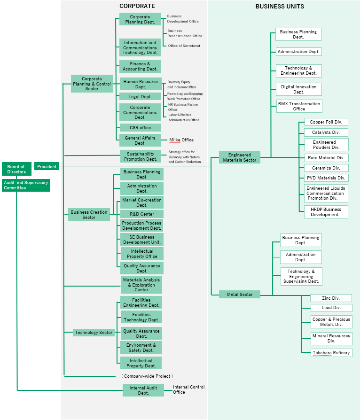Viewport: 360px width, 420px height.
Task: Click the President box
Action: click(x=47, y=166)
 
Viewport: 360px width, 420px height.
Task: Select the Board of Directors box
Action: click(x=16, y=169)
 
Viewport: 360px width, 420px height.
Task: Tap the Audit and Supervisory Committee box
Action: click(x=26, y=185)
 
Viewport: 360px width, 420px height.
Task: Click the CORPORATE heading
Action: click(x=137, y=6)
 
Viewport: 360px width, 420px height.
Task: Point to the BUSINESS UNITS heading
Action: click(x=280, y=7)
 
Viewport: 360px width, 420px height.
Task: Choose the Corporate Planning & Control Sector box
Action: click(x=92, y=84)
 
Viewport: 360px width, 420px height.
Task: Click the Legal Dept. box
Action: click(x=140, y=96)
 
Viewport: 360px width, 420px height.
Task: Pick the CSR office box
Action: click(x=140, y=128)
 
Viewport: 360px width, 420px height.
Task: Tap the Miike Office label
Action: click(x=181, y=140)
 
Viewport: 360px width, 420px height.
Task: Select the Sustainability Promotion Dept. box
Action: click(x=140, y=156)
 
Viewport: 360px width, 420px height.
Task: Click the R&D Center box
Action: click(x=141, y=214)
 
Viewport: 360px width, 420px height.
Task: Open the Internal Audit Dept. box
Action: click(x=143, y=390)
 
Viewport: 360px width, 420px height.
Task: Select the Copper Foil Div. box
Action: click(x=326, y=122)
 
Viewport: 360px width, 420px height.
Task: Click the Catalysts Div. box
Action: click(x=326, y=132)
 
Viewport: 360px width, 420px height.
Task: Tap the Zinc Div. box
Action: click(x=331, y=298)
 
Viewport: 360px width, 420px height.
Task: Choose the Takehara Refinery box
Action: click(x=331, y=352)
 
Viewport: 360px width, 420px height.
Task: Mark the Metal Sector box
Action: click(x=240, y=295)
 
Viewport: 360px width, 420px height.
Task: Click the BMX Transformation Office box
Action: click(x=299, y=106)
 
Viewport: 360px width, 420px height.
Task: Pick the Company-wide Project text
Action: click(x=147, y=376)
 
